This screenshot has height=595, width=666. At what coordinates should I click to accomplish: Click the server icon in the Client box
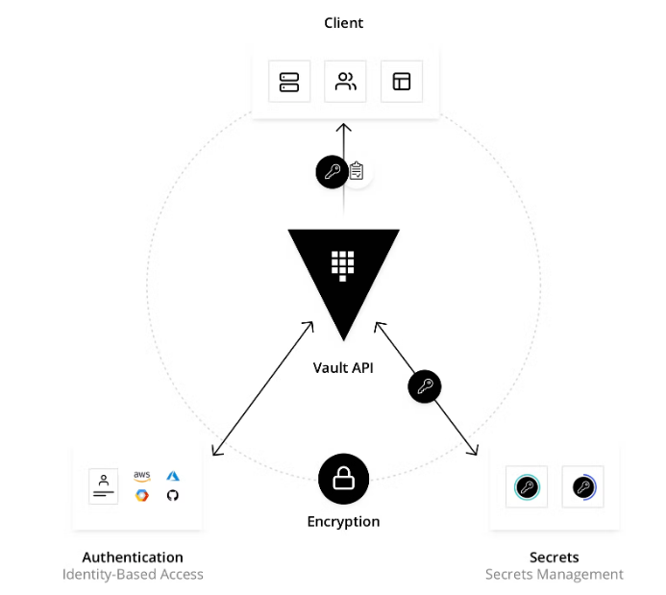[x=289, y=82]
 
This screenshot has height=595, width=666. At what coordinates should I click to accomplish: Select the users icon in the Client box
[x=345, y=82]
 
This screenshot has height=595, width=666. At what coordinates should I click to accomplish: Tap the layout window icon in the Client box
[x=401, y=82]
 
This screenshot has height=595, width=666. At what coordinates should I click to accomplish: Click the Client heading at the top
[x=344, y=22]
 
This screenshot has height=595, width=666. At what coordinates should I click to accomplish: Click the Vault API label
[x=343, y=367]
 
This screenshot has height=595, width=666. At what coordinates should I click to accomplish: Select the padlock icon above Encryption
[x=344, y=479]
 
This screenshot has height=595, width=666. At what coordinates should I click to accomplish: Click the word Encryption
[x=343, y=522]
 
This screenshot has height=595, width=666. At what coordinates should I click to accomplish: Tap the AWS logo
[x=142, y=476]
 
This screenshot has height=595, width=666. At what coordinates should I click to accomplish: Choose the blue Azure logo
[x=173, y=476]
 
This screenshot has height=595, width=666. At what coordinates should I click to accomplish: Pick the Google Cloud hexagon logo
[x=142, y=495]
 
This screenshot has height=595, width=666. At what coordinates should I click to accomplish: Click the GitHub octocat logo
[x=173, y=495]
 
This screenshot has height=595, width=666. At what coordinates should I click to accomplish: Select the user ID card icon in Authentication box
[x=103, y=485]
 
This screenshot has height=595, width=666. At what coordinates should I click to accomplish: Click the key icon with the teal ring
[x=526, y=487]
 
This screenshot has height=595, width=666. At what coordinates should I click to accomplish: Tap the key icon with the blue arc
[x=581, y=487]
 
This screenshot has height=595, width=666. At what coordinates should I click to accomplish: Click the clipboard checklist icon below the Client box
[x=357, y=172]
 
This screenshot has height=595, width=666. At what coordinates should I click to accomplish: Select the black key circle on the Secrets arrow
[x=424, y=387]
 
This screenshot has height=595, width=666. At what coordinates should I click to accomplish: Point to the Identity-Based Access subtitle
[x=133, y=575]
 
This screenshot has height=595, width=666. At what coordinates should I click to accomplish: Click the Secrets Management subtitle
[x=554, y=575]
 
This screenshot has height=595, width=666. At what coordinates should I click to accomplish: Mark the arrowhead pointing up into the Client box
[x=344, y=127]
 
